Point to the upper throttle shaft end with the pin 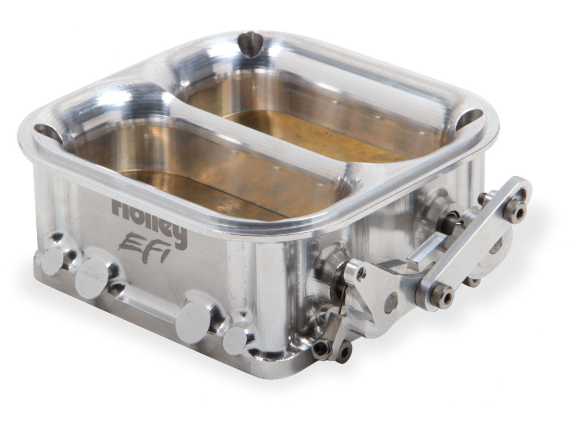(452, 219)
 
